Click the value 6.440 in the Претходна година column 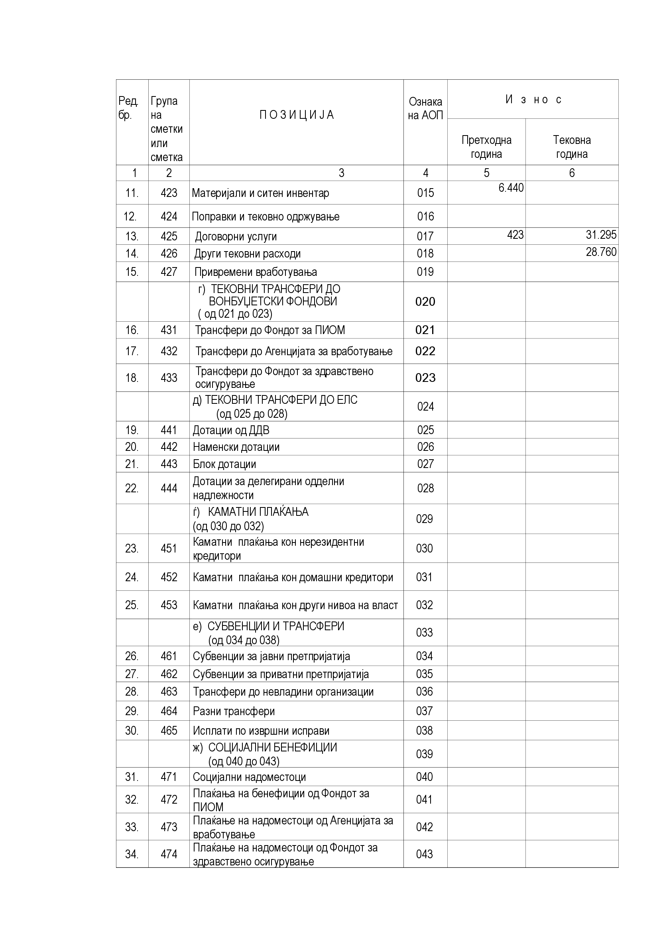pos(511,188)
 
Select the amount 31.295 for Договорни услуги pos(601,235)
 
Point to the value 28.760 pos(601,252)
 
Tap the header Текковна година pos(572,147)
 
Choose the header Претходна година pos(486,147)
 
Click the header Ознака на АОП pos(425,108)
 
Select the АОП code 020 pos(425,302)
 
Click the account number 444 pos(169,488)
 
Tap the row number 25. pos(132,605)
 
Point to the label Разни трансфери pos(234,711)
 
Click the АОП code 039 pos(424,754)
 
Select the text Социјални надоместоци pos(249,777)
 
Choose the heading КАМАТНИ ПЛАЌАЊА pos(258,512)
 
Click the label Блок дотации pos(224,464)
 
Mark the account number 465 pos(169,731)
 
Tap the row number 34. pos(132,855)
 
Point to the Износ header pos(533,99)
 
